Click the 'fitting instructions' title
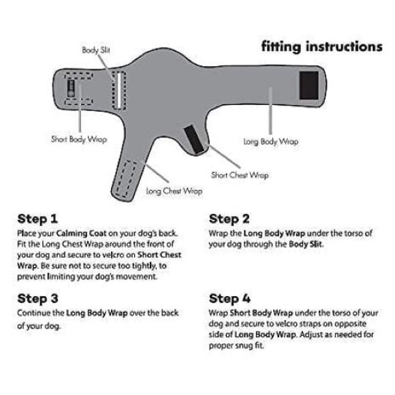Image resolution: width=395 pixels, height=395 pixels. tap(321, 47)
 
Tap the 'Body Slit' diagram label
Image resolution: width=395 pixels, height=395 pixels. tap(96, 50)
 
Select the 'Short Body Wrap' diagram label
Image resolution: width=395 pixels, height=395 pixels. tap(79, 140)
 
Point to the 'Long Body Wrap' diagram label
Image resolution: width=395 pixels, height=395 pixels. tap(270, 142)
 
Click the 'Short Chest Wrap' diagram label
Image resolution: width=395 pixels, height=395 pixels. tap(240, 175)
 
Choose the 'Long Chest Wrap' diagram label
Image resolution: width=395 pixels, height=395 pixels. tap(174, 191)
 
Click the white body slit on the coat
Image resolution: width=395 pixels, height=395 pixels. tap(118, 90)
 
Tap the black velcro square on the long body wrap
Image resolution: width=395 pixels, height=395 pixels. tap(309, 85)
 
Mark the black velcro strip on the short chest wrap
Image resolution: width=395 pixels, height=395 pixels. tap(193, 140)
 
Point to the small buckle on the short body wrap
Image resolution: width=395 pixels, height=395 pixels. tap(71, 89)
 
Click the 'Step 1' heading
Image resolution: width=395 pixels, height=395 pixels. tap(37, 219)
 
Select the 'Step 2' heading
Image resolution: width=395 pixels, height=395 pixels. tap(230, 219)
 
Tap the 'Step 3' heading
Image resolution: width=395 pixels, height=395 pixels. tap(37, 299)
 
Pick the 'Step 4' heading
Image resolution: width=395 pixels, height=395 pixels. tap(230, 299)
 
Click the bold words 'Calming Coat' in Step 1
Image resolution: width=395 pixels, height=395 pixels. tap(81, 234)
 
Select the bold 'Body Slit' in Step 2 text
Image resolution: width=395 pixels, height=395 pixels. tap(306, 244)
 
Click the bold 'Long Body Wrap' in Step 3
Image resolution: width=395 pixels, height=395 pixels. tap(97, 313)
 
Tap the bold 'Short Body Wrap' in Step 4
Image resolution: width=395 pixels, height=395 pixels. tap(262, 313)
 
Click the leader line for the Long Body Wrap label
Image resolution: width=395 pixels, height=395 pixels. tap(270, 111)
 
